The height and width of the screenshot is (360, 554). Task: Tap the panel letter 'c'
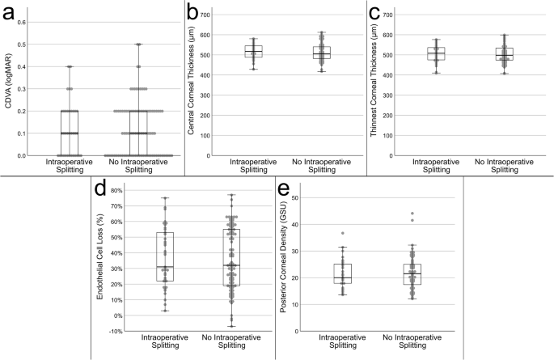click(375, 13)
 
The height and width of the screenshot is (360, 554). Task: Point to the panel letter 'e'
click(283, 191)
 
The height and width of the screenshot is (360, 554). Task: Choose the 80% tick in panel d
click(116, 191)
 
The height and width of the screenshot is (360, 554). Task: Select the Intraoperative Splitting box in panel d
click(165, 257)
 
